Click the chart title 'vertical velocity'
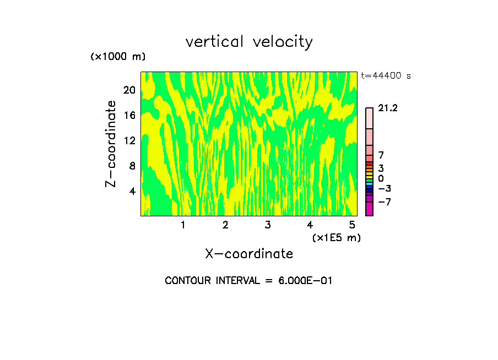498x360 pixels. tap(249, 42)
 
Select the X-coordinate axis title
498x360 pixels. tap(249, 254)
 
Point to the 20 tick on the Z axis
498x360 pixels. tap(129, 90)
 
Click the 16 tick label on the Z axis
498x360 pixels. tap(129, 115)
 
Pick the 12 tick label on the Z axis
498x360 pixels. tap(129, 140)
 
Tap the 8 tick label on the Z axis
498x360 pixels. tap(132, 166)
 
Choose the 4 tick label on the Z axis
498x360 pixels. tap(132, 191)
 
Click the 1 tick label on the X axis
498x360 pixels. tap(183, 225)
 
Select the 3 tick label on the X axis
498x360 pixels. tap(267, 225)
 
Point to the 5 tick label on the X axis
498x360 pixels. tap(351, 225)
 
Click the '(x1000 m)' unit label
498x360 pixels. tap(118, 57)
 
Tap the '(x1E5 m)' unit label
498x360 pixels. tap(336, 237)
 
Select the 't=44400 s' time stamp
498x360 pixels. tap(386, 76)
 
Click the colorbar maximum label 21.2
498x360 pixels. tap(388, 108)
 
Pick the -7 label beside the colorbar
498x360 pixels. tap(384, 202)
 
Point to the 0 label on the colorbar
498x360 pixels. tap(381, 179)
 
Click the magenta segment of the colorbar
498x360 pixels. tap(369, 209)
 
